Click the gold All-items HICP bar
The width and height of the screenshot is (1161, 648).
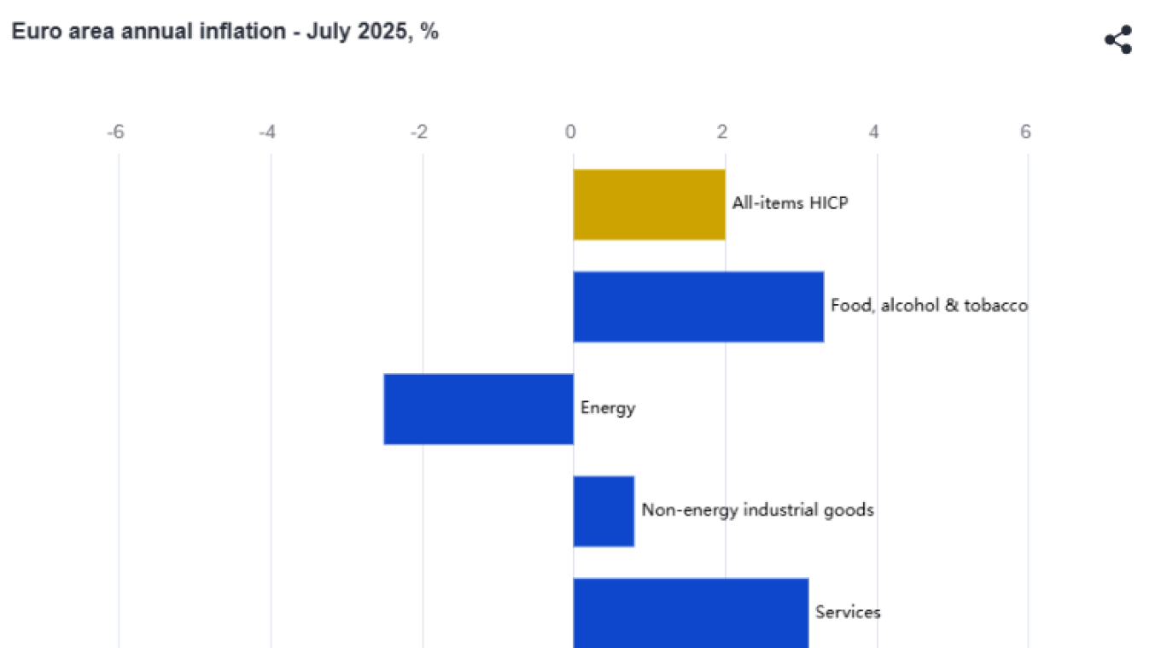click(649, 205)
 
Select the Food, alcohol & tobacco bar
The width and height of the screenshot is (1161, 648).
click(698, 306)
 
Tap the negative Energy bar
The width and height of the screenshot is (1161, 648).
click(478, 409)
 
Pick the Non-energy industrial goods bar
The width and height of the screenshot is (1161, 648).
click(604, 511)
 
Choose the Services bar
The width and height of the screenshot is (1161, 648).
click(691, 613)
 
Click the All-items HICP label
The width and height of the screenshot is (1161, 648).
click(790, 203)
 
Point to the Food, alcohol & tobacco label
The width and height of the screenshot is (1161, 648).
click(929, 306)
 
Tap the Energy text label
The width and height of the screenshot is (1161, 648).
click(608, 408)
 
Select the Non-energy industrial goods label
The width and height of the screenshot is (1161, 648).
click(757, 511)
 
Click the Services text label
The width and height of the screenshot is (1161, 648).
click(848, 612)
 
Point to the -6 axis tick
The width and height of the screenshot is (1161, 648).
click(115, 132)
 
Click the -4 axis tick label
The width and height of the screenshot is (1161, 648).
click(267, 132)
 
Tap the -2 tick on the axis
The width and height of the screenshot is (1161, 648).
click(418, 132)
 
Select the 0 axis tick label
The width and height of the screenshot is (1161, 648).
click(570, 132)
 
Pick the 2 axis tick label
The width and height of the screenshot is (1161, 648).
click(722, 132)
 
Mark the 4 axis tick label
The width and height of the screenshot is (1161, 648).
click(874, 132)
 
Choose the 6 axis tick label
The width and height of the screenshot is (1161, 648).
click(1025, 132)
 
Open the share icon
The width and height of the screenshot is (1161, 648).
click(1118, 40)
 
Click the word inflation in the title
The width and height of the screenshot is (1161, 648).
click(244, 32)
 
